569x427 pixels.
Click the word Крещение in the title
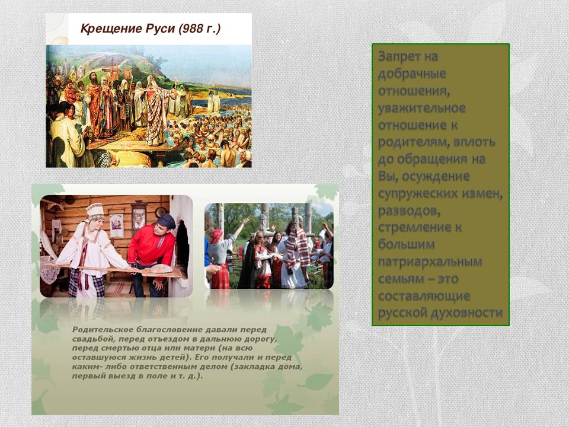[x=111, y=28]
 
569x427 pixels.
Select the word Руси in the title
[x=160, y=28]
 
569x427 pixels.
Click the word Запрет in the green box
[x=399, y=57]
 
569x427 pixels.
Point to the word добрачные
[x=412, y=74]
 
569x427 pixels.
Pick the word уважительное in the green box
[x=421, y=108]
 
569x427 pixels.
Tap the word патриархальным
[x=430, y=262]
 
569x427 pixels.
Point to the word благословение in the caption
[x=169, y=330]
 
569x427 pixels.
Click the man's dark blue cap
[x=167, y=221]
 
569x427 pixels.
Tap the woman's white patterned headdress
[x=95, y=211]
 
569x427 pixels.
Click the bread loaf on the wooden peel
[x=161, y=268]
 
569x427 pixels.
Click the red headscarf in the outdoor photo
[x=217, y=235]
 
